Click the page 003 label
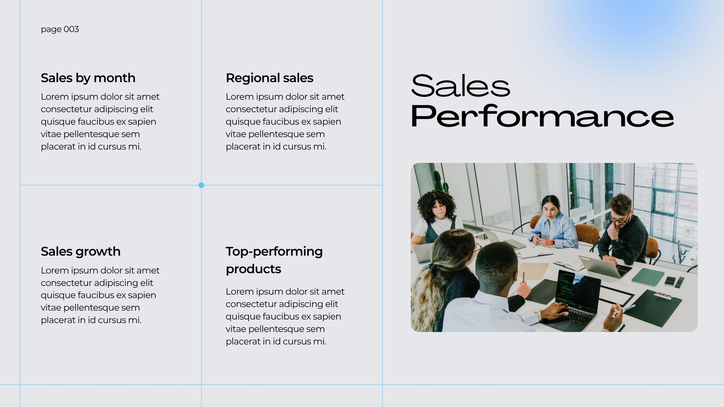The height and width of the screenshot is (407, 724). click(60, 29)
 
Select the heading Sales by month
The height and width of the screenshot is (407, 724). click(88, 78)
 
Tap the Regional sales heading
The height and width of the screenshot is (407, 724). click(270, 78)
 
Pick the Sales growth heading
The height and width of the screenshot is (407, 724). click(81, 251)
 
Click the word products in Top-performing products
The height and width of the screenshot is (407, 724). click(253, 269)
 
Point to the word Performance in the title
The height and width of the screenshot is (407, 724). click(543, 116)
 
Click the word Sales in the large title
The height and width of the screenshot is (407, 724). click(460, 85)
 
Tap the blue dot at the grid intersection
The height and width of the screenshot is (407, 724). click(201, 185)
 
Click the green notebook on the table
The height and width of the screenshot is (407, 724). click(648, 277)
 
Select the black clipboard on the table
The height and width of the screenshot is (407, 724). click(653, 307)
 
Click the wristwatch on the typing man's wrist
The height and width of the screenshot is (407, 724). click(538, 314)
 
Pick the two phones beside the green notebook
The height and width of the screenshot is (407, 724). click(674, 282)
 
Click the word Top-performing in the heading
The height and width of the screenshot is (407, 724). click(274, 251)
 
